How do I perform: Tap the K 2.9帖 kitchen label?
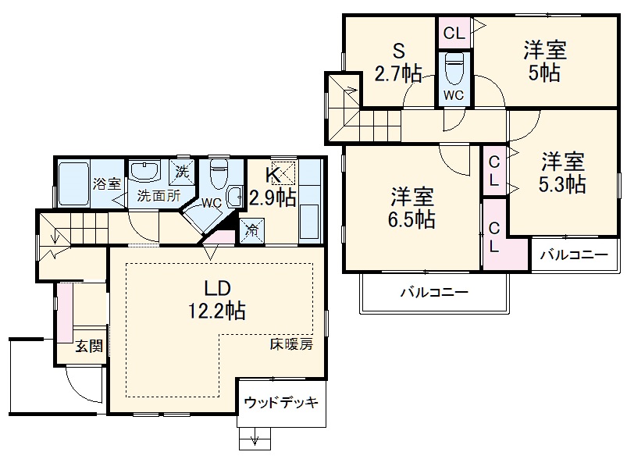point(272,187)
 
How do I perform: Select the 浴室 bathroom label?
point(107,184)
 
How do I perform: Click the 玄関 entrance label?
point(88,347)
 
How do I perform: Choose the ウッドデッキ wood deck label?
point(281,403)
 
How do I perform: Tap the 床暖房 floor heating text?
point(291,344)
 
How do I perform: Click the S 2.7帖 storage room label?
point(398,62)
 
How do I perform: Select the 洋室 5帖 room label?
point(544,62)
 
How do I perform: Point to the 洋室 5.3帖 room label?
point(563,173)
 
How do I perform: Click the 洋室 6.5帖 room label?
point(413,207)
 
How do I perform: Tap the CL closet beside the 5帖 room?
point(454,33)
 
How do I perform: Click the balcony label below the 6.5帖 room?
point(434,294)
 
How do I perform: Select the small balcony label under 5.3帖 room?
point(574,255)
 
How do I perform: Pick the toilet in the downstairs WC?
point(219,170)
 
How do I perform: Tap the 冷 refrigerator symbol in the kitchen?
point(253,229)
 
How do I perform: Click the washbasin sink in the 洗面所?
point(144,171)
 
